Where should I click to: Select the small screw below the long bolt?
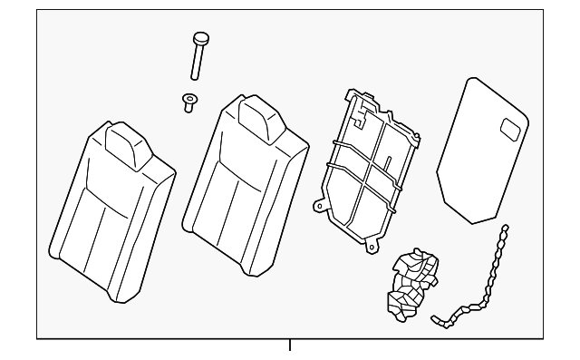(x=189, y=102)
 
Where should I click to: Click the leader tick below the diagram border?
(x=290, y=346)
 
